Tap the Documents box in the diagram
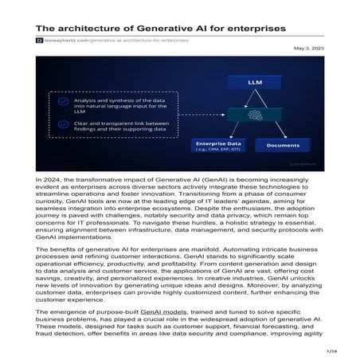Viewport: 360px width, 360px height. coord(282,146)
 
